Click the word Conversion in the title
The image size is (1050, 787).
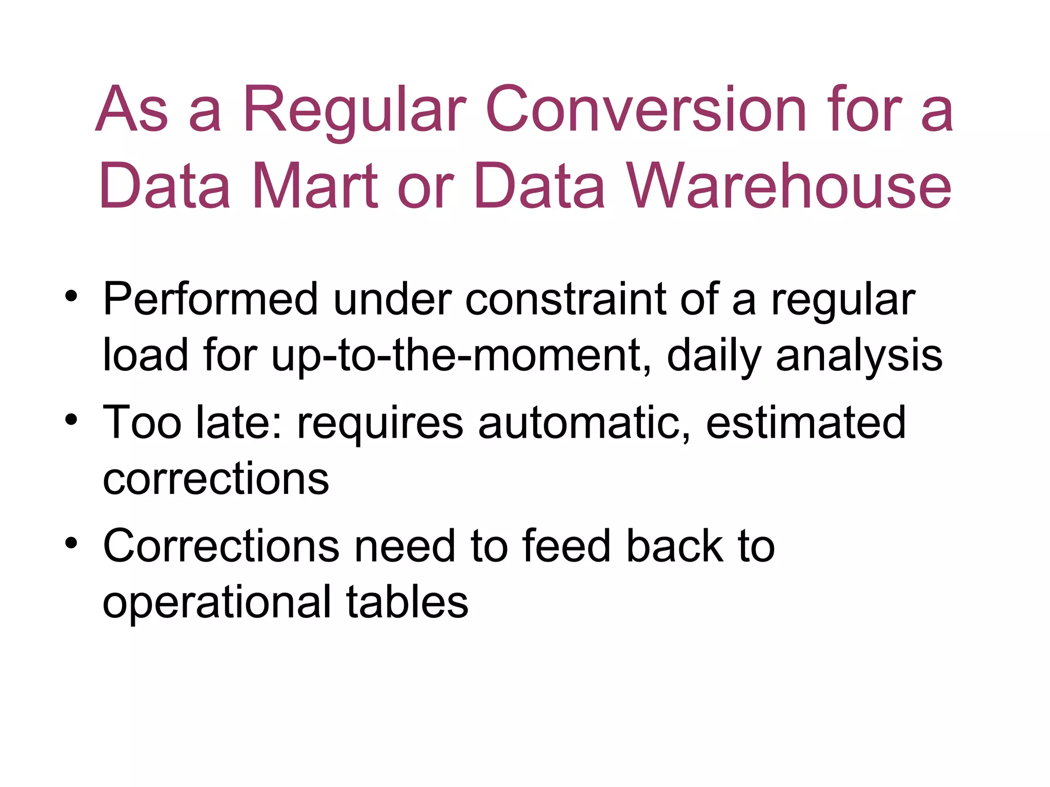click(x=646, y=110)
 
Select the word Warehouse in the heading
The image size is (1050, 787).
click(x=790, y=185)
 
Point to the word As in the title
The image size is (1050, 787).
click(x=132, y=110)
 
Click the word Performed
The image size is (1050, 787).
click(x=210, y=299)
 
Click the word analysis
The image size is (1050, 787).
click(x=859, y=356)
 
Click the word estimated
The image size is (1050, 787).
click(x=805, y=422)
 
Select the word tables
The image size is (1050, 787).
click(x=407, y=602)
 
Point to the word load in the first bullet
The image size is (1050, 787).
click(x=145, y=356)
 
